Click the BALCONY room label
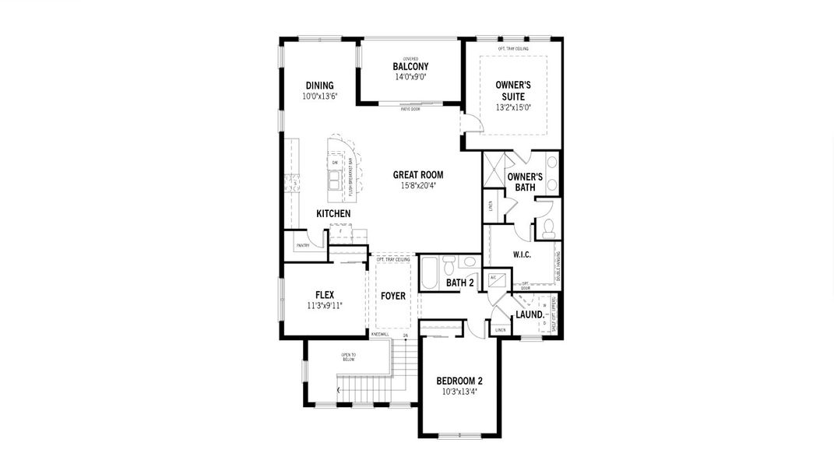point(410,67)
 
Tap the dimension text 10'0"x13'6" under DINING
point(319,97)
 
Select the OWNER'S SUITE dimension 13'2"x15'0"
point(513,107)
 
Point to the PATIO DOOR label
point(410,109)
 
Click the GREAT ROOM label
point(417,175)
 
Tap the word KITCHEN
point(333,213)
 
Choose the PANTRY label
point(302,246)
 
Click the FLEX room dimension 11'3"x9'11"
point(325,306)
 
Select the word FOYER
point(393,297)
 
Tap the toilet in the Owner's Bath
point(548,226)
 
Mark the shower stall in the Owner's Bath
point(494,170)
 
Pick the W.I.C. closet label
point(522,255)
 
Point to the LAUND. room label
point(530,315)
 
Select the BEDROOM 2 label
point(459,381)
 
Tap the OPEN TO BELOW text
point(348,358)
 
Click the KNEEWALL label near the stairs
point(380,334)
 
